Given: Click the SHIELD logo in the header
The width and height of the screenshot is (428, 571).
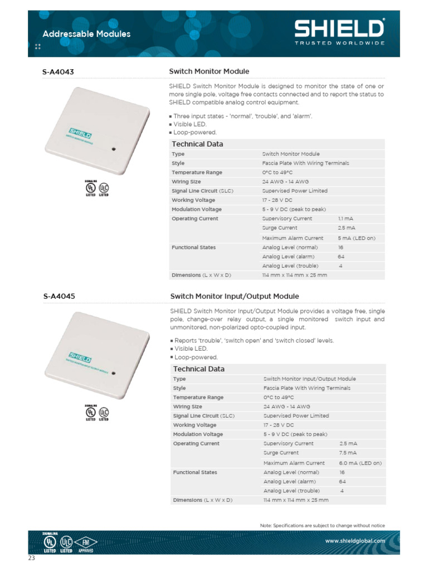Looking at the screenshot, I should (x=339, y=30).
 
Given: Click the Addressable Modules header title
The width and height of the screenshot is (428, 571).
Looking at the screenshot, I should (x=86, y=34).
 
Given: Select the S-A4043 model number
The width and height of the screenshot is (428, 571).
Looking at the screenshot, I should (x=59, y=72).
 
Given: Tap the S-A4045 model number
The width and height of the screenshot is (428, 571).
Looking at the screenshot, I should (x=59, y=297).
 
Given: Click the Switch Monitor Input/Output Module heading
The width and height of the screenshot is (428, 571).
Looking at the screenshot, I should (x=234, y=297).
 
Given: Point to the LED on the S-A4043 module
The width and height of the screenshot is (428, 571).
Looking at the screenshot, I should (x=113, y=149).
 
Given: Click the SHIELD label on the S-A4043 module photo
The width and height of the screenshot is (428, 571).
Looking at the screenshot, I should (x=80, y=134).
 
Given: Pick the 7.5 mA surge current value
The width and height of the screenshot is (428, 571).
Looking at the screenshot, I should (x=348, y=453).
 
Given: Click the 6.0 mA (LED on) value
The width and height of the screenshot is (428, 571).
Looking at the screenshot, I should (x=360, y=463).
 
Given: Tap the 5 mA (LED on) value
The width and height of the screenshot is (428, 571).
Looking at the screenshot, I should (x=356, y=238).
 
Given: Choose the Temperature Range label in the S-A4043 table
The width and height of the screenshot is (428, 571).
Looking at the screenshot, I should (x=197, y=172).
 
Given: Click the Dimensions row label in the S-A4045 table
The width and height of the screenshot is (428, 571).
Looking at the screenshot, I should (x=202, y=500).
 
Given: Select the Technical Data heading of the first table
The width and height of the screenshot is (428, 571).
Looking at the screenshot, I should (x=197, y=144).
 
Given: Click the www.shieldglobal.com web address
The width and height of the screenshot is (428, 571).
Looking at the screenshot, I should (x=355, y=540).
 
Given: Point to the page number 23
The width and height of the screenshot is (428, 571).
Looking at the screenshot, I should (x=32, y=558).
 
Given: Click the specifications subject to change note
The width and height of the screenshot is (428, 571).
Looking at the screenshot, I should (x=322, y=525).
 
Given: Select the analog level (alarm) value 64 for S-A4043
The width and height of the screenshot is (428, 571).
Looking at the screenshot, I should (x=342, y=257).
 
